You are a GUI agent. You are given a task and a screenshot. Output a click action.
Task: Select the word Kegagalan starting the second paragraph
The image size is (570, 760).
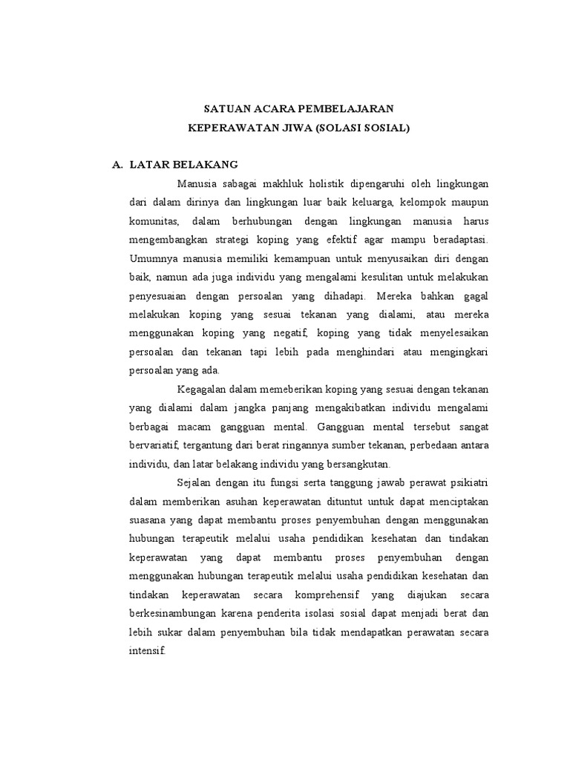tap(205, 390)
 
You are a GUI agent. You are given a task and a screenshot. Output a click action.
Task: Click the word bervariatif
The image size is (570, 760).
tap(157, 445)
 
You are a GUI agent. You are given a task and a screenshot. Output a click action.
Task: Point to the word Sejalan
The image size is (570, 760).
tap(196, 483)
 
